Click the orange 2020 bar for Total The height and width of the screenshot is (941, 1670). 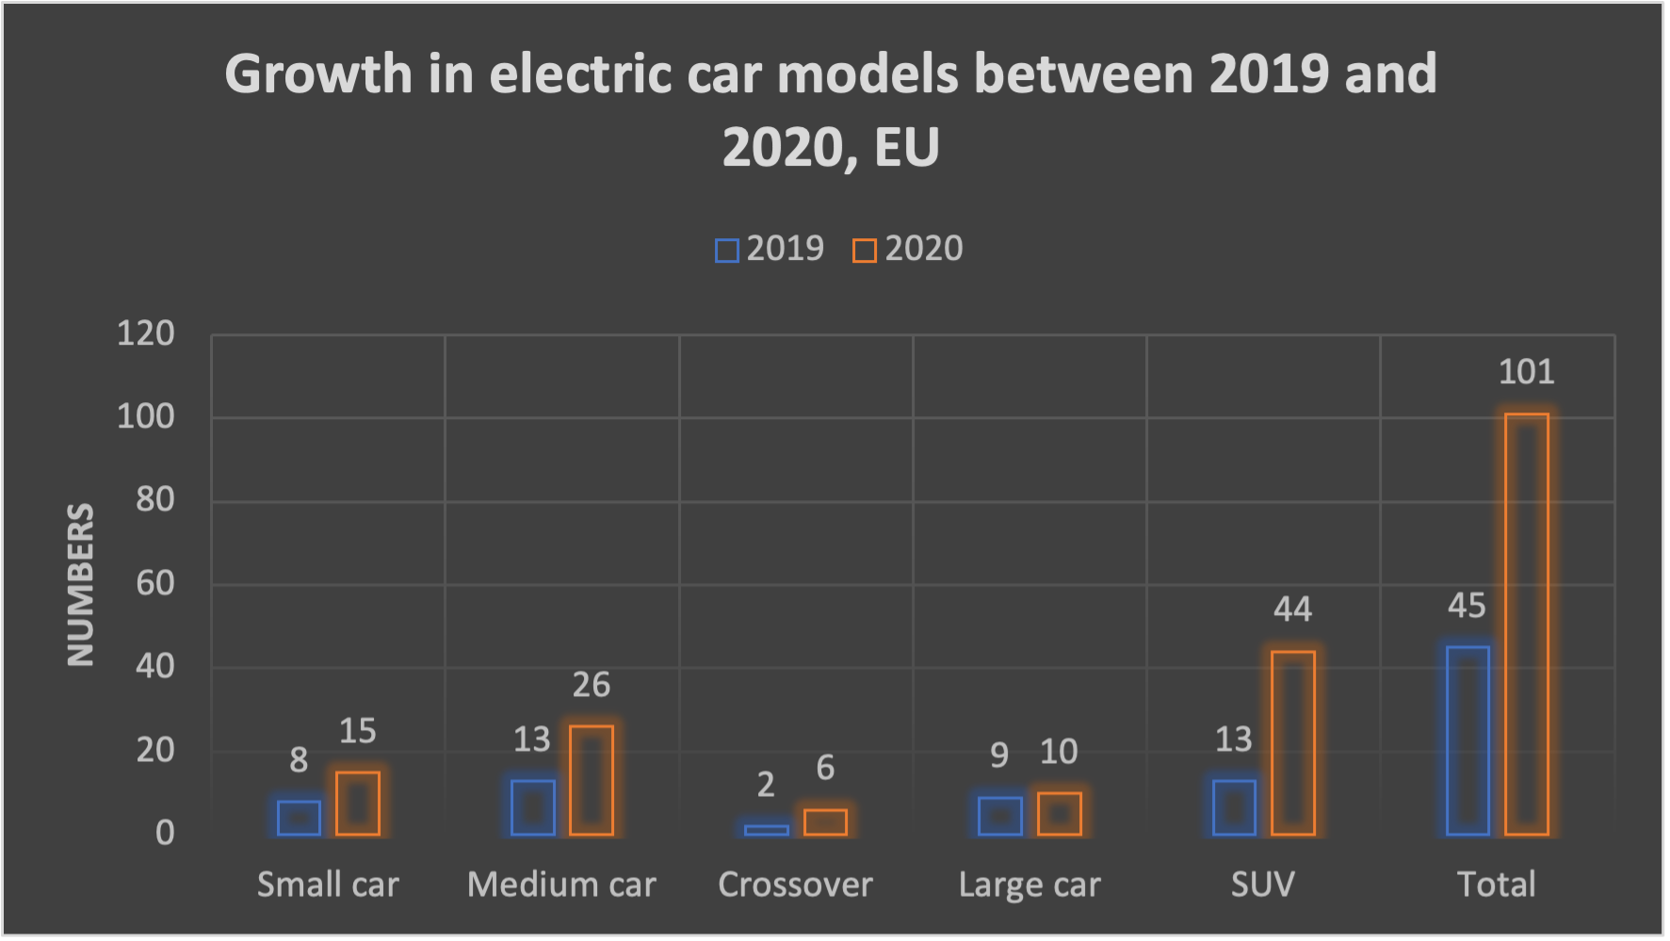click(1527, 624)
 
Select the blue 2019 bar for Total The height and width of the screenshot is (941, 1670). click(1467, 740)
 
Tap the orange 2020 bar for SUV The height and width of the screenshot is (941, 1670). click(1292, 742)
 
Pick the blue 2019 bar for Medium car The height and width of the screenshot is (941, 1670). click(532, 807)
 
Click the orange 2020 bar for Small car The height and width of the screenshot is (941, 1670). click(358, 803)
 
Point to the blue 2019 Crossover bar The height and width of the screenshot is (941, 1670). click(766, 830)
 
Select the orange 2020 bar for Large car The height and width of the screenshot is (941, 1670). click(1059, 814)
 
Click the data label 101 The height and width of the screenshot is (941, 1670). click(1526, 372)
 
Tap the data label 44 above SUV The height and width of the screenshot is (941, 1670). click(1292, 609)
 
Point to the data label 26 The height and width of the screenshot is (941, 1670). click(592, 685)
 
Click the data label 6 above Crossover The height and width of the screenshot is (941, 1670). click(825, 768)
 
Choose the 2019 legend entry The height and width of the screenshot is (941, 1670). click(770, 249)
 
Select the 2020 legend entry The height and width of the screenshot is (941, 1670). click(908, 249)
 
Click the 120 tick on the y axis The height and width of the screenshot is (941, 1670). click(146, 333)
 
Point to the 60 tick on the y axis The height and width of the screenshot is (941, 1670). click(155, 583)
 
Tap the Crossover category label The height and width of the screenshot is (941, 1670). click(795, 884)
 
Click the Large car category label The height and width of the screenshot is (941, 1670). click(1030, 884)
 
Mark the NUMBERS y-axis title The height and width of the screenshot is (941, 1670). click(81, 584)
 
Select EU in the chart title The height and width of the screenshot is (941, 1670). click(906, 148)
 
